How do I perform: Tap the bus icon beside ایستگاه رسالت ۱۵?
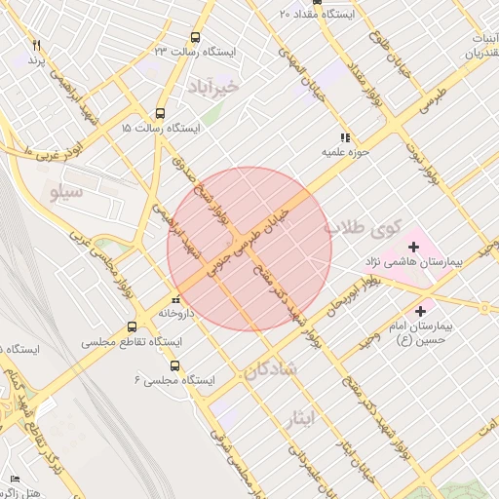[161, 113]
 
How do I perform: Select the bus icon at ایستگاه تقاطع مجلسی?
[133, 327]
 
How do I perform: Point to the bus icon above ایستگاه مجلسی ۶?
[174, 365]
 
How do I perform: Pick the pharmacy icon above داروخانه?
[175, 300]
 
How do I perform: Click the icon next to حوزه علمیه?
[344, 138]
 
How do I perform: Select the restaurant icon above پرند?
[36, 46]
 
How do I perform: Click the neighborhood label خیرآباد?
[215, 82]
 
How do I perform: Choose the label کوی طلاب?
[363, 229]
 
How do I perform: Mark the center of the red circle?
[249, 249]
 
